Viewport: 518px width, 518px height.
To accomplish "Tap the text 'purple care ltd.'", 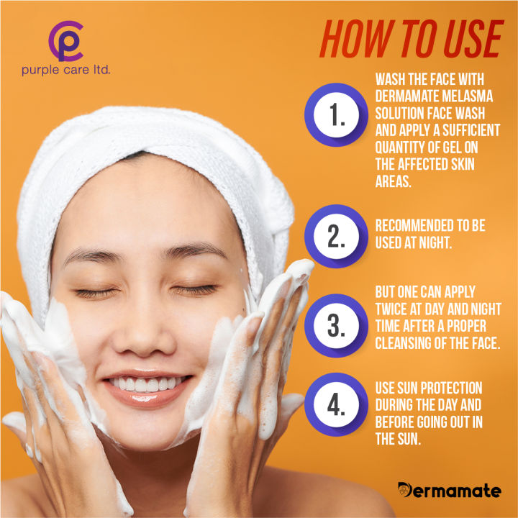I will [x=65, y=71].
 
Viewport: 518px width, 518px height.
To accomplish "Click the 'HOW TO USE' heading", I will [x=411, y=40].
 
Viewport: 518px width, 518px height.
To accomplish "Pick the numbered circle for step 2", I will [x=333, y=235].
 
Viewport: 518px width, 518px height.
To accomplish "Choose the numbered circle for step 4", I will [x=333, y=404].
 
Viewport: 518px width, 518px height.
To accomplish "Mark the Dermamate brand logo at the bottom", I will [x=449, y=491].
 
